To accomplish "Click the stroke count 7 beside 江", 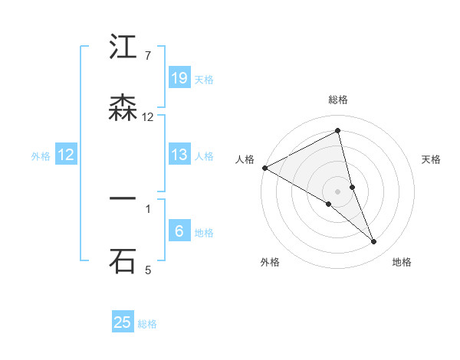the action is (x=148, y=56).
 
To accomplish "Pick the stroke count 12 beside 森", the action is (x=148, y=117).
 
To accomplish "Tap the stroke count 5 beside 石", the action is (x=148, y=270).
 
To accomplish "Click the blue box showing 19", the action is (x=179, y=78).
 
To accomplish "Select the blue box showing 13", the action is (x=179, y=155).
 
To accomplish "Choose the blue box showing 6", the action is (x=179, y=231).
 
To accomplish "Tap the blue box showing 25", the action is (x=123, y=322).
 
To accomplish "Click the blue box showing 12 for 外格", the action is (x=66, y=155).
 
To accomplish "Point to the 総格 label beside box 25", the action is (x=148, y=324).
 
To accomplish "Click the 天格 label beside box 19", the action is (x=204, y=79).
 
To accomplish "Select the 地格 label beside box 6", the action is (x=204, y=233).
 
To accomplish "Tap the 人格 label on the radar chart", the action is (x=245, y=159).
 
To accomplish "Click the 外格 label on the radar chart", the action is (x=270, y=262).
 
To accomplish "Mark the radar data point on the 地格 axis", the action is (x=374, y=241).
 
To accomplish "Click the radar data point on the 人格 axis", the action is (x=264, y=168).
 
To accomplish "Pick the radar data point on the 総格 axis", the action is (x=337, y=131).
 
